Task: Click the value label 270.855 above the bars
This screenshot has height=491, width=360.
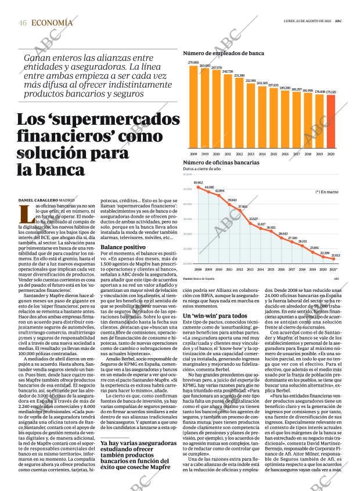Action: click(193, 62)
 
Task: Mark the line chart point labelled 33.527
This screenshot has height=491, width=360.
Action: click(254, 223)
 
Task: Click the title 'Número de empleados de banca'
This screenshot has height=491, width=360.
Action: click(224, 53)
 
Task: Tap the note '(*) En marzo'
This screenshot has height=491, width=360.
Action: click(326, 191)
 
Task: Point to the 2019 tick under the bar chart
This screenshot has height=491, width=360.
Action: click(319, 154)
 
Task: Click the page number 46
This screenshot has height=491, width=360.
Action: click(23, 23)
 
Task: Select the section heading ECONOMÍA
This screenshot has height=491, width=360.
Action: click(52, 23)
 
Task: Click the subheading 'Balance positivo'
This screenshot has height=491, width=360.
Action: click(123, 247)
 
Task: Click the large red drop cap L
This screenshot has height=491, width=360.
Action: click(26, 214)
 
